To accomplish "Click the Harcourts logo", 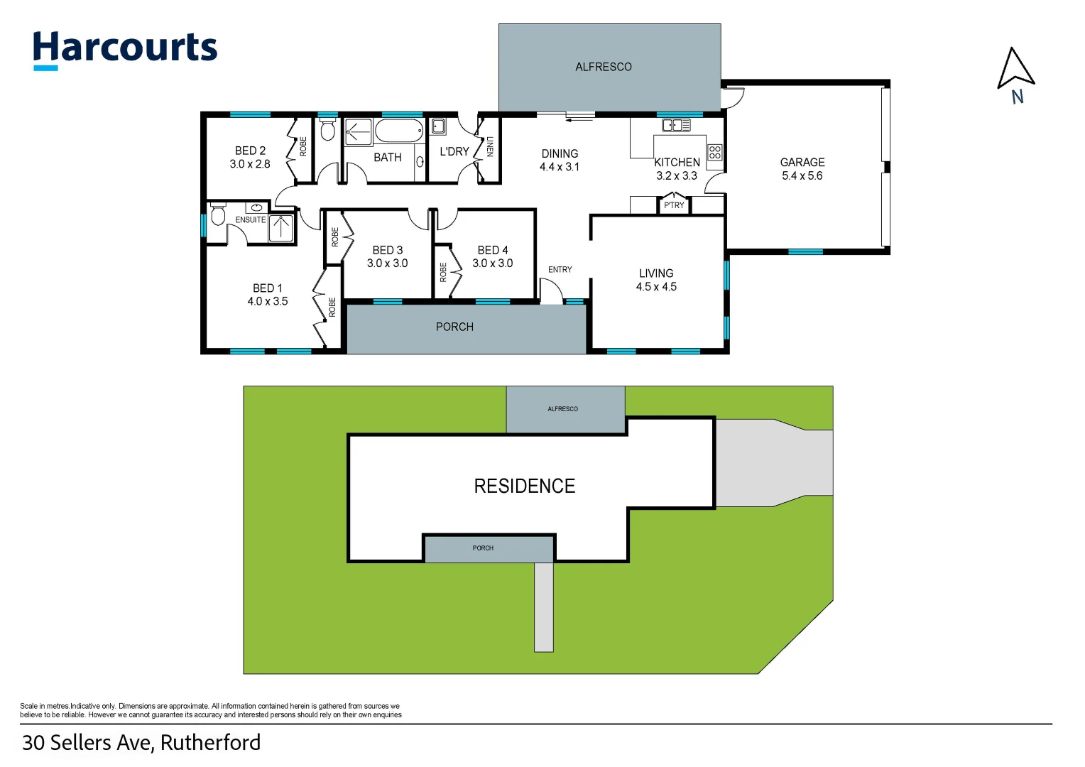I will point(125,50).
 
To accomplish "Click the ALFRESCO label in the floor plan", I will point(603,67).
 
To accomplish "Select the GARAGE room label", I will point(802,162).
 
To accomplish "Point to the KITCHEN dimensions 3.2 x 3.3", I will point(676,176).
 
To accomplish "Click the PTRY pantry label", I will point(674,205).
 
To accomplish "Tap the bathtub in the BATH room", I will point(398,131).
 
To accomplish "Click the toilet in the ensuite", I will point(218,214).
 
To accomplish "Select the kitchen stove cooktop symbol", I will point(714,152).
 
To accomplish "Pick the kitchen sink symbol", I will point(675,126).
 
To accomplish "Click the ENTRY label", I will point(560,270).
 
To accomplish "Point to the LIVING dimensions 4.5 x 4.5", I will point(656,287).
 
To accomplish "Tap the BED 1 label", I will point(268,288).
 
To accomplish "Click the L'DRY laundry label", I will point(454,151).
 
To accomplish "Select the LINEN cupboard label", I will point(489,147).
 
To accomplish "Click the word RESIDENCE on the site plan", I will point(524,486).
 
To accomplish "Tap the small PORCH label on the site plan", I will point(483,548).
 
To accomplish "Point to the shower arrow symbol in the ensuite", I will point(281,228).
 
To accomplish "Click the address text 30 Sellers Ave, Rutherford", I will point(141,743).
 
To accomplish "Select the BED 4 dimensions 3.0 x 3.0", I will point(492,263).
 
